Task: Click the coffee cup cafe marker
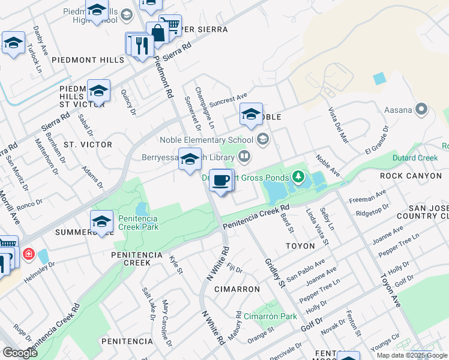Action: pyautogui.click(x=221, y=181)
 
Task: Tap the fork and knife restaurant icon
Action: pyautogui.click(x=142, y=45)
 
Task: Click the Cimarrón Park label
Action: pyautogui.click(x=270, y=316)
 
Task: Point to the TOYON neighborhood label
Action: pyautogui.click(x=300, y=246)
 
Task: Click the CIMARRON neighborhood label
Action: pyautogui.click(x=238, y=289)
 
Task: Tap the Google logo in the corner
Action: pyautogui.click(x=20, y=353)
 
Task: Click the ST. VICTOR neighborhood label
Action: pyautogui.click(x=88, y=145)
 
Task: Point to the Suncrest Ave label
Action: pyautogui.click(x=228, y=97)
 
